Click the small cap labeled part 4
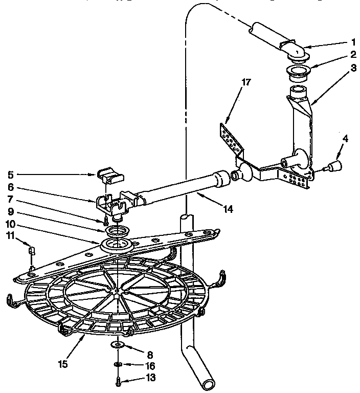[x=336, y=165]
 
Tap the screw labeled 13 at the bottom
[x=118, y=381]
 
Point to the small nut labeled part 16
[x=117, y=364]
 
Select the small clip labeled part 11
[x=31, y=251]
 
